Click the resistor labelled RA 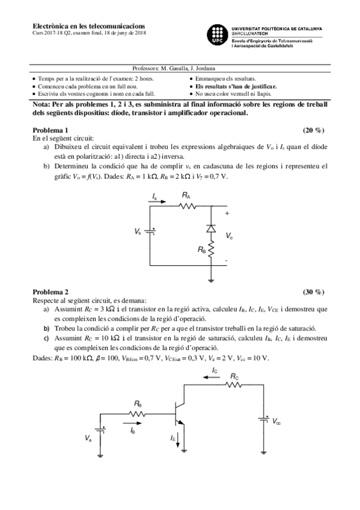coord(187,205)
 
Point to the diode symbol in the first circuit coord(211,229)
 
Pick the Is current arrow coord(158,203)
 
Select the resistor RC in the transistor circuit coord(234,386)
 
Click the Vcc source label coord(276,422)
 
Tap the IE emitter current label coord(173,438)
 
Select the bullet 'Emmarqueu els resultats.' coord(225,79)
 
